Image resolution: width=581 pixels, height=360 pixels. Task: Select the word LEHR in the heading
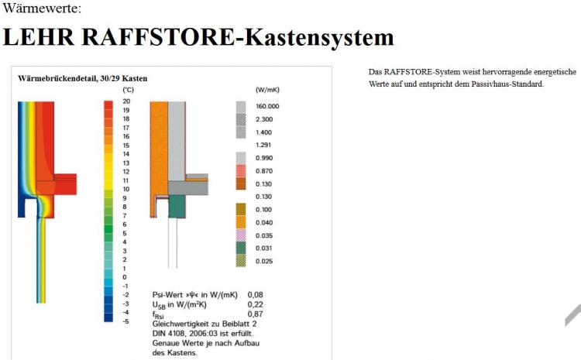39,36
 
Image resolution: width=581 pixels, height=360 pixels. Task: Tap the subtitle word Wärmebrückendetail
58,78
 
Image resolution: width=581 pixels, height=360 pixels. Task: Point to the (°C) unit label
128,90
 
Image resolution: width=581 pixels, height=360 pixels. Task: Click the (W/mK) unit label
267,90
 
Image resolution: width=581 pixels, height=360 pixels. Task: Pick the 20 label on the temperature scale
126,101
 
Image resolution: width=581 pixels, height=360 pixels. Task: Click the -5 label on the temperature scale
126,321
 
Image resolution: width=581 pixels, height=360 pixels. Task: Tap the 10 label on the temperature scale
126,189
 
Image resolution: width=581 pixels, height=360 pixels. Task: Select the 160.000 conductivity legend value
267,106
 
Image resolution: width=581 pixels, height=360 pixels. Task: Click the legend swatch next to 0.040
241,222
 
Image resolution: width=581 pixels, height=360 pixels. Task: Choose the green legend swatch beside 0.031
241,248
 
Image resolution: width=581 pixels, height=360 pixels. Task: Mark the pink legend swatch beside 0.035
241,235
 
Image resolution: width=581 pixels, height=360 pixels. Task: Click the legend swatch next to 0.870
241,171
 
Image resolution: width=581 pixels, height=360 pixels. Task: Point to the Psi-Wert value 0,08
256,295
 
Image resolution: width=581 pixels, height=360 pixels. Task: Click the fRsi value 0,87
256,314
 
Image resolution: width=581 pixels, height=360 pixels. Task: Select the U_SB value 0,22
256,304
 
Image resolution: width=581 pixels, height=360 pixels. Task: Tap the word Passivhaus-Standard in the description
507,84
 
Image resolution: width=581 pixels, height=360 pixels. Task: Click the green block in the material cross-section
177,206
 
